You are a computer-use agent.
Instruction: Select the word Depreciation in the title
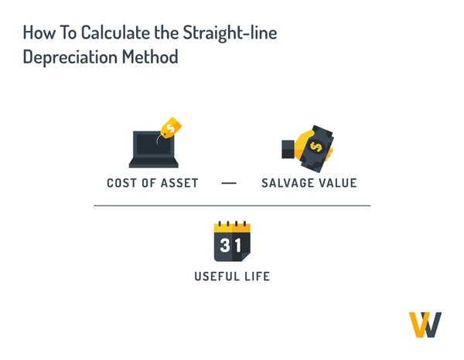[x=72, y=57]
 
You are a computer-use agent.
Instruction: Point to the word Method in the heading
[x=154, y=57]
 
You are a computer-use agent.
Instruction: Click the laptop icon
[x=153, y=150]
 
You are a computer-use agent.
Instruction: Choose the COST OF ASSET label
[x=152, y=183]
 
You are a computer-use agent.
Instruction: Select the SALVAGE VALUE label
[x=309, y=183]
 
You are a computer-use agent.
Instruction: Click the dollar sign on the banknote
[x=316, y=145]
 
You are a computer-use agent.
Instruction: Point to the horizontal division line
[x=232, y=205]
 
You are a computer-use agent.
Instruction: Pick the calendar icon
[x=232, y=241]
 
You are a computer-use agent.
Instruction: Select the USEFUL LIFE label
[x=232, y=276]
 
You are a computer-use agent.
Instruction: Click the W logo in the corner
[x=425, y=324]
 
